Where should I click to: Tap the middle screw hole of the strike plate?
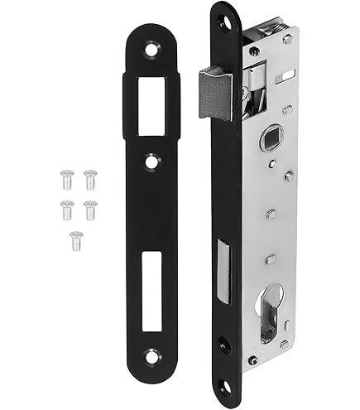coord(151,161)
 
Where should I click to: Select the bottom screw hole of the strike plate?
coord(151,357)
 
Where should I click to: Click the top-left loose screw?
coord(65,176)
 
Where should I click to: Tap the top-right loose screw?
coord(89,176)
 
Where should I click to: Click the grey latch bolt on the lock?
coord(212,89)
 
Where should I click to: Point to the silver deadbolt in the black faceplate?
coord(223,264)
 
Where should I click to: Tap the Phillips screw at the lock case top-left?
coord(255,51)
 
